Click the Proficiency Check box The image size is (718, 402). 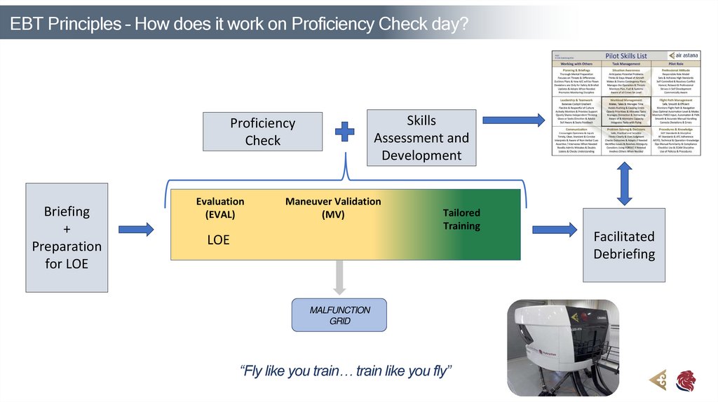262,131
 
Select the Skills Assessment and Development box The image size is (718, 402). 421,137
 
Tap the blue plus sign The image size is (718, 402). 344,132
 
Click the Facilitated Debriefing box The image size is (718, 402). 623,245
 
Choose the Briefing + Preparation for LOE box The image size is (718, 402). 67,237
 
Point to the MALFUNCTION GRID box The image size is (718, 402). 339,315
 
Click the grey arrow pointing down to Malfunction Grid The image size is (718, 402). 339,277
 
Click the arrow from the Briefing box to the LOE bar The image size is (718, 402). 136,229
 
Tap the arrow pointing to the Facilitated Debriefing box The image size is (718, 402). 553,229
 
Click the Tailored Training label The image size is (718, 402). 461,219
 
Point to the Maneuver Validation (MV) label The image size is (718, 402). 333,208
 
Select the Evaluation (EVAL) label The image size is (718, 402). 220,208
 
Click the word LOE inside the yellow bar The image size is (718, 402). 219,240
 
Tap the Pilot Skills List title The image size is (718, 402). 626,56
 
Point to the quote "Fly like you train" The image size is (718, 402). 346,371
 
